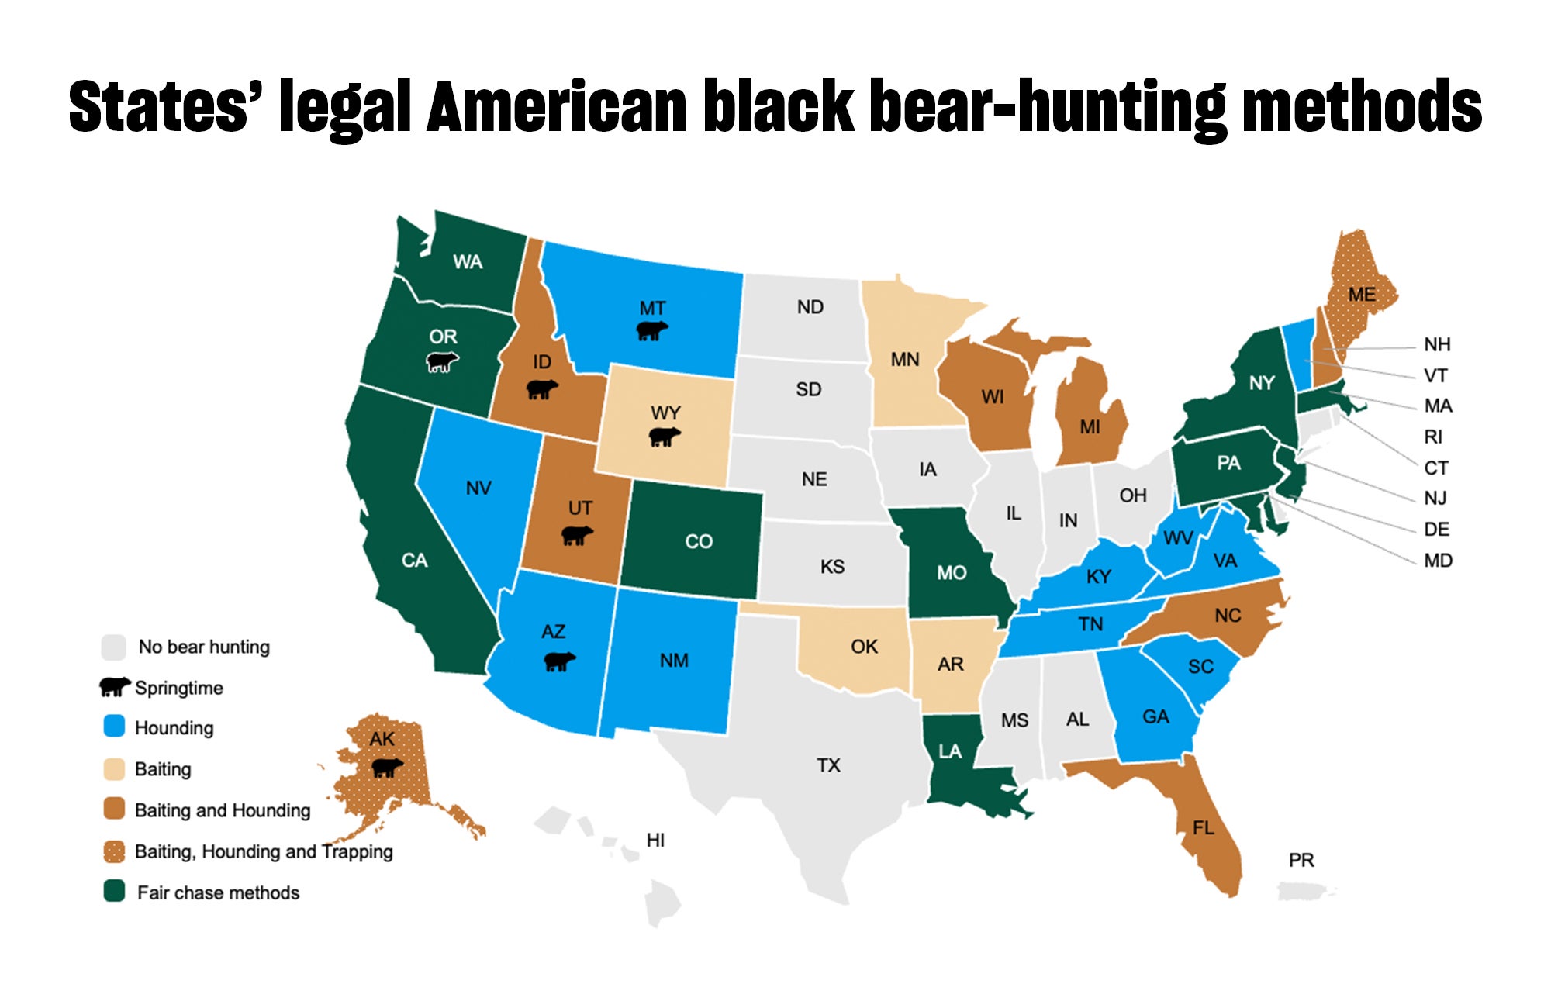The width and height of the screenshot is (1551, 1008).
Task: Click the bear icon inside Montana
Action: pyautogui.click(x=651, y=331)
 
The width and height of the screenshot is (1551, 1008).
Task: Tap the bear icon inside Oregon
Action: pyautogui.click(x=443, y=361)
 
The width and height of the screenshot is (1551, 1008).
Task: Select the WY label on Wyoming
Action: pyautogui.click(x=665, y=413)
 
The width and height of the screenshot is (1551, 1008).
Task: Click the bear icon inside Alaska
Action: pyautogui.click(x=387, y=768)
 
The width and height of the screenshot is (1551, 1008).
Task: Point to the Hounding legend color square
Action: pyautogui.click(x=114, y=727)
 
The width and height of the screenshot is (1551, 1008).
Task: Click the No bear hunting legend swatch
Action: pyautogui.click(x=114, y=646)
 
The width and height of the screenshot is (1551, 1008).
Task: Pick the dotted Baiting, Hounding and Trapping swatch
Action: pyautogui.click(x=114, y=851)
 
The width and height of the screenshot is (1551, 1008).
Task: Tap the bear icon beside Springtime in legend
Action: pyautogui.click(x=115, y=686)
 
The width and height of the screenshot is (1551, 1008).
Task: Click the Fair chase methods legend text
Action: pyautogui.click(x=218, y=892)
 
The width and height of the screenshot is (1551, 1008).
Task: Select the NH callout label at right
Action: pyautogui.click(x=1437, y=344)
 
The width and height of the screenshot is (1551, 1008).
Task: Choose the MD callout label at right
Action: pyautogui.click(x=1438, y=560)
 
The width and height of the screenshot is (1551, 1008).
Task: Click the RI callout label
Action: pyautogui.click(x=1433, y=437)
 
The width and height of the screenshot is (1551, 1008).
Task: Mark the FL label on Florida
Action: pyautogui.click(x=1204, y=828)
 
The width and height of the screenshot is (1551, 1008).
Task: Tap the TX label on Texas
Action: pyautogui.click(x=828, y=765)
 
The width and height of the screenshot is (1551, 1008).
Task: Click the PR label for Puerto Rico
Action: pyautogui.click(x=1301, y=860)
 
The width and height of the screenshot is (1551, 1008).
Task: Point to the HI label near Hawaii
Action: pyautogui.click(x=655, y=840)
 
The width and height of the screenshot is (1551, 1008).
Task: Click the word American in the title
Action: pyautogui.click(x=557, y=106)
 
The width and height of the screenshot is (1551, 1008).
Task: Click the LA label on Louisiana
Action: pyautogui.click(x=949, y=751)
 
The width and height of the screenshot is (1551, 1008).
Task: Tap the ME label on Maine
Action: pyautogui.click(x=1362, y=295)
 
